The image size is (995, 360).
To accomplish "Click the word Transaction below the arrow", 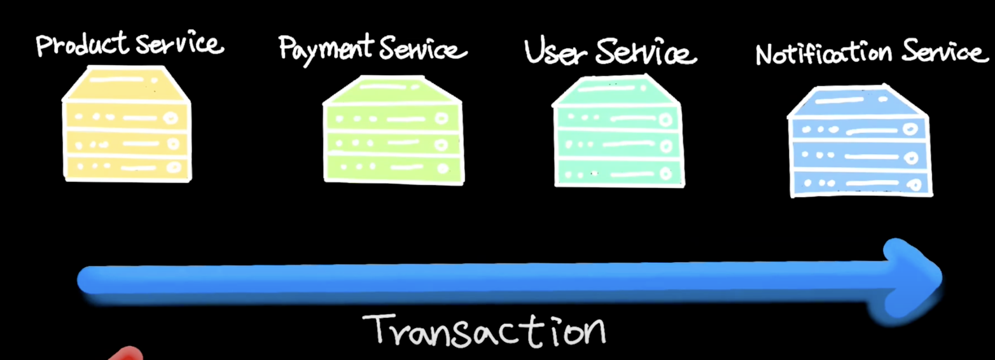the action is (484, 329).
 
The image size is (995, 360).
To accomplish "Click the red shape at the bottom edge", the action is (127, 354).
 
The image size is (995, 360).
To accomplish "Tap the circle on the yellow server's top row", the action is (170, 118).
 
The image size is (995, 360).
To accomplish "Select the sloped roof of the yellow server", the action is (127, 83).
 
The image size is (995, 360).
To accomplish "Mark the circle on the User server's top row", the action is (666, 119).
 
